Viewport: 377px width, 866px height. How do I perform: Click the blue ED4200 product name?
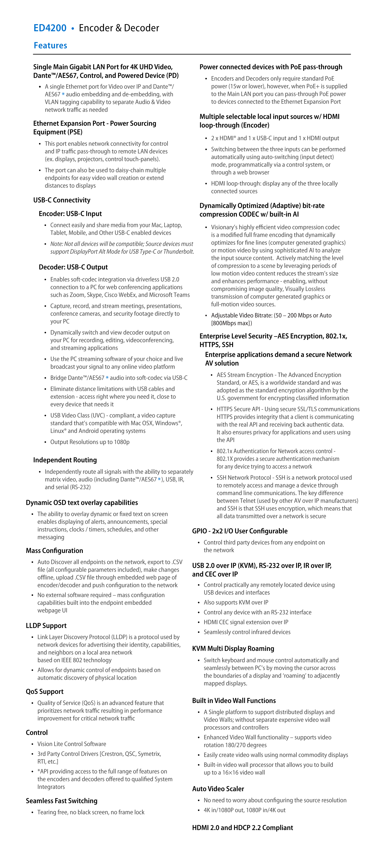(x=50, y=28)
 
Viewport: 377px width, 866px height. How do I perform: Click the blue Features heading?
(x=50, y=45)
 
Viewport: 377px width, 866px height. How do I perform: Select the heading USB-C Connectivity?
(x=62, y=200)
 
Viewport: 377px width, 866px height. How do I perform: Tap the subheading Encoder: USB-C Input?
(x=70, y=214)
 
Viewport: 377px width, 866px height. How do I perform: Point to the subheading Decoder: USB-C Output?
(x=73, y=267)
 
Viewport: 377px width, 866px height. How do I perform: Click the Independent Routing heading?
(x=65, y=460)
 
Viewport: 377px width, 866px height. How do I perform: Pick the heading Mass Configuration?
(x=54, y=550)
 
